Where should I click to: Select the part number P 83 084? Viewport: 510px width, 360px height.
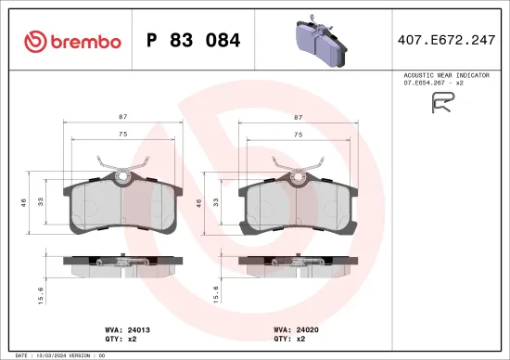(194, 41)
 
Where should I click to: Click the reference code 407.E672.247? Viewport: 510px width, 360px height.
(447, 41)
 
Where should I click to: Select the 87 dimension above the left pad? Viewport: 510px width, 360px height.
(122, 118)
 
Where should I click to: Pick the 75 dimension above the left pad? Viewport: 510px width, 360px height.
(122, 135)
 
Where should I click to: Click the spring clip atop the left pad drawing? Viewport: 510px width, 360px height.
(122, 168)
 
